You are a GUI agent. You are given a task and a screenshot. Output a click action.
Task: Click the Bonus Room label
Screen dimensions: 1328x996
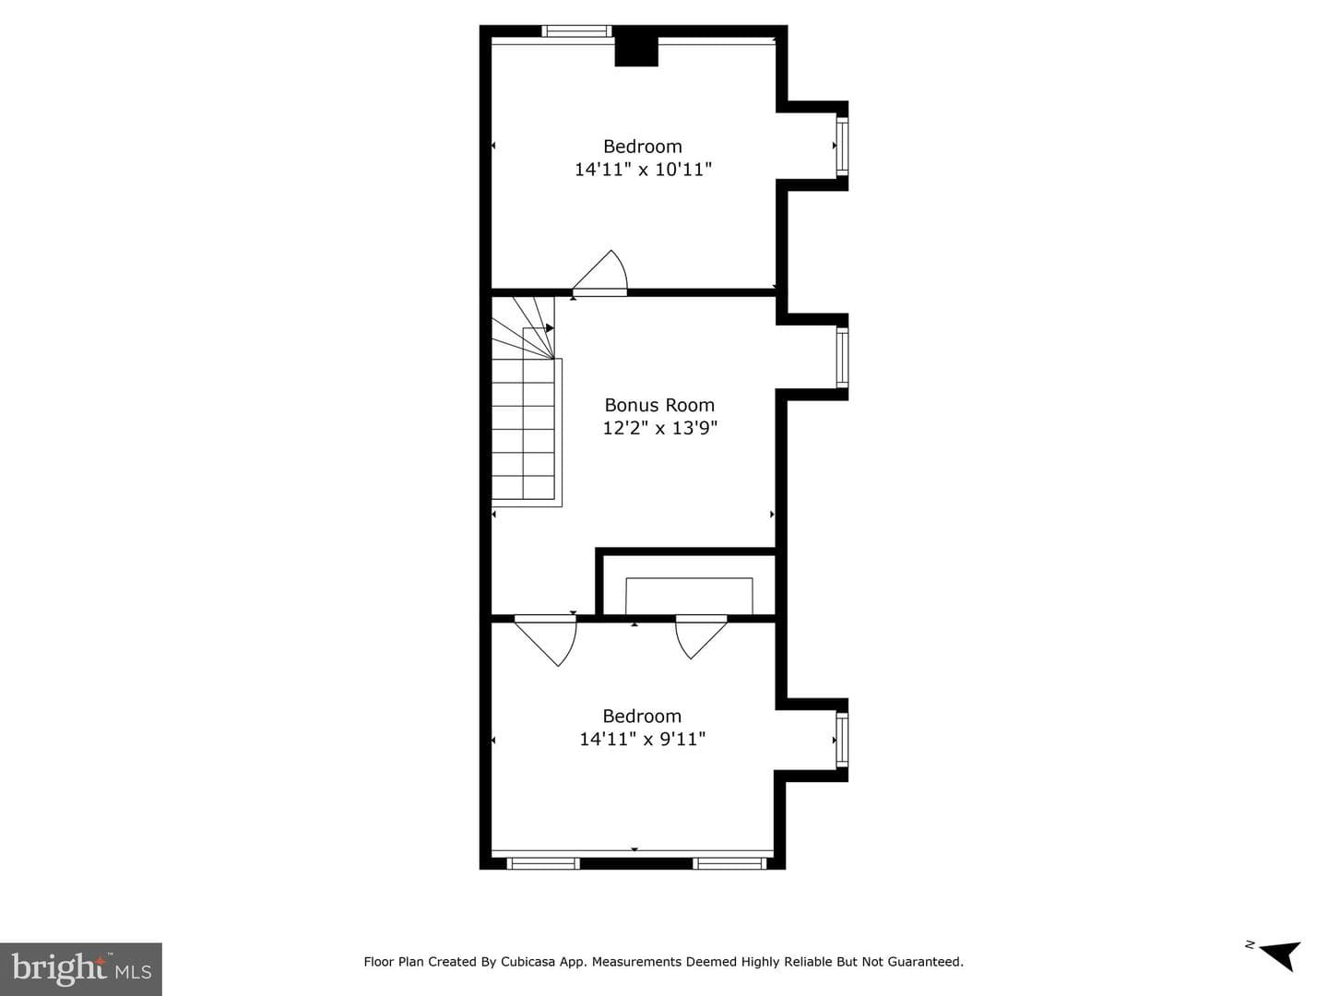click(x=659, y=405)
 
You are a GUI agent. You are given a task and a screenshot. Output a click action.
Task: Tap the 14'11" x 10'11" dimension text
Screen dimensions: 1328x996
click(x=643, y=170)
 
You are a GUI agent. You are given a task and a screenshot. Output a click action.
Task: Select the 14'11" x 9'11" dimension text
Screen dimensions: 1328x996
click(x=643, y=739)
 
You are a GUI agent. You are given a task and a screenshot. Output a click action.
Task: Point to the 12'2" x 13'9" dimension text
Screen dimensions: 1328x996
click(x=659, y=428)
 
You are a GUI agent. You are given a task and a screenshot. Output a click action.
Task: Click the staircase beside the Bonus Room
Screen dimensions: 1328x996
click(x=524, y=401)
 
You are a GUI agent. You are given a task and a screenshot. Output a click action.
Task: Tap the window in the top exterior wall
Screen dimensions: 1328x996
click(x=576, y=30)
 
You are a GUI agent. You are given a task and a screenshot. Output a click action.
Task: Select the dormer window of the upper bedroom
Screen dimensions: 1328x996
click(x=842, y=146)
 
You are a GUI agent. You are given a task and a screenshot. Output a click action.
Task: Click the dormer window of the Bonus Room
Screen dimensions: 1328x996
click(x=842, y=358)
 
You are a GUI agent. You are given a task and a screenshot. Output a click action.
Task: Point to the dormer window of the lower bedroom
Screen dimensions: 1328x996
click(x=842, y=741)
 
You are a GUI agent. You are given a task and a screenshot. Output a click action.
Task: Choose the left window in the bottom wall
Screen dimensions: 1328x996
click(x=542, y=863)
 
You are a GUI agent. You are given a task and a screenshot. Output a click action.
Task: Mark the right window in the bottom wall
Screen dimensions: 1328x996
click(x=729, y=863)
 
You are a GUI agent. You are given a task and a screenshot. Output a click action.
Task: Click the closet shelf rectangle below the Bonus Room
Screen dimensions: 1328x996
click(x=689, y=597)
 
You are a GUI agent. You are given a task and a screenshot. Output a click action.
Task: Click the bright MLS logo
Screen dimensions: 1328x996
click(x=81, y=968)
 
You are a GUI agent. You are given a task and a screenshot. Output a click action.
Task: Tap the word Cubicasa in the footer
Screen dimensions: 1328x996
click(x=528, y=961)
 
